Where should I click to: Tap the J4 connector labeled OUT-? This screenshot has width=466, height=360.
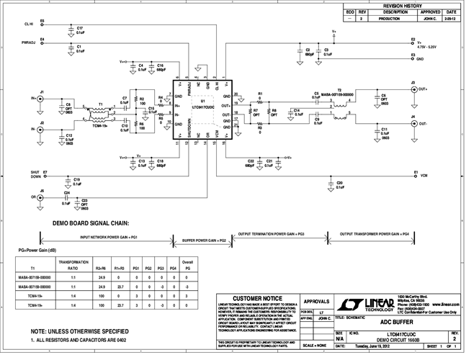[413, 123]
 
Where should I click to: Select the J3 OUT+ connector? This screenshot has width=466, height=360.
[413, 89]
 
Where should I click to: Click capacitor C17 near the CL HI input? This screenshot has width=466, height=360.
[71, 31]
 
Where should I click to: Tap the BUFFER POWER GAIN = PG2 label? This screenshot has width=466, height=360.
[204, 238]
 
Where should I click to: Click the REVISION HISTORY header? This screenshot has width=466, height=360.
[402, 5]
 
